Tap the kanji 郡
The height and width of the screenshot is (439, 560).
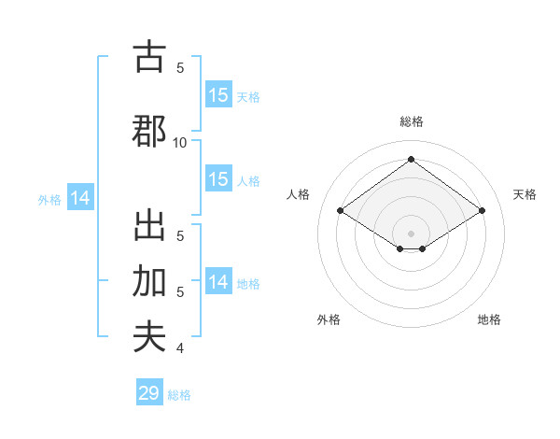point(149,131)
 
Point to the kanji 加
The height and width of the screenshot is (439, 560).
point(149,281)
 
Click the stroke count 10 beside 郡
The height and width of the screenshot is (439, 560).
point(180,142)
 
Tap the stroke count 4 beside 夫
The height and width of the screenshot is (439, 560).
point(180,348)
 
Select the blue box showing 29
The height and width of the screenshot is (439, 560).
point(148,393)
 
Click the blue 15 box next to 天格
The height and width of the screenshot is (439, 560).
point(218,95)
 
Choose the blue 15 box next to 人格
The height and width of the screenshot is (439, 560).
point(218,179)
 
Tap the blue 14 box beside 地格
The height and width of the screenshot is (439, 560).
point(218,282)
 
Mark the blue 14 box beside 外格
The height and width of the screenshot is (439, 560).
point(80,198)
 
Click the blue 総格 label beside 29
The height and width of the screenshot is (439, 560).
point(179,395)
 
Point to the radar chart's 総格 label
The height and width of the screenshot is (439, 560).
point(411,121)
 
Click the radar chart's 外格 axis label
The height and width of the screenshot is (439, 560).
point(329,319)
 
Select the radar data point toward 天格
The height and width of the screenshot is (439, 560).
point(482,211)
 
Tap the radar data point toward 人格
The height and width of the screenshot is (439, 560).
point(340,211)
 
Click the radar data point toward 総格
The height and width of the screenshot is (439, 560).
point(411,160)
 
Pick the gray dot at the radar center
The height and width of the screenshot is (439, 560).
point(411,233)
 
